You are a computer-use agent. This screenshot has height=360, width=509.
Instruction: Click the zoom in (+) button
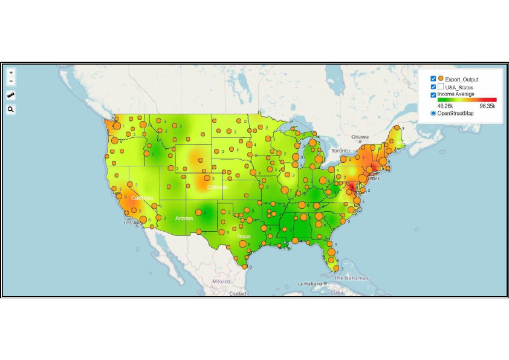[11, 73]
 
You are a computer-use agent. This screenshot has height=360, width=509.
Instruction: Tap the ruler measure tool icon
[11, 95]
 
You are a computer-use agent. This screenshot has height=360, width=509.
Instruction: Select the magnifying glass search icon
[11, 110]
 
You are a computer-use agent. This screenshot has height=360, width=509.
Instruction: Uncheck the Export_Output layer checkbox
[433, 79]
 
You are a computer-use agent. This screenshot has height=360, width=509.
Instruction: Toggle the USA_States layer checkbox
[433, 87]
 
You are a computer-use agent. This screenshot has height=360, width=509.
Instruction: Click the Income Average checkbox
[433, 95]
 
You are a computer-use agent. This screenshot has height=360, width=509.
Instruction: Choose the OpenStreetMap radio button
[433, 113]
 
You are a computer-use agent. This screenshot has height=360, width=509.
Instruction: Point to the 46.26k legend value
[446, 106]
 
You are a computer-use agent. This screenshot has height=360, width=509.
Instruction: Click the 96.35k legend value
[487, 106]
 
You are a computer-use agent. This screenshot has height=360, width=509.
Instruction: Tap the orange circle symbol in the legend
[441, 79]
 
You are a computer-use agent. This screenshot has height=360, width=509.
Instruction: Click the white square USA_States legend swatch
[441, 87]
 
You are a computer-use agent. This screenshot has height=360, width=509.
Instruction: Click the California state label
[142, 198]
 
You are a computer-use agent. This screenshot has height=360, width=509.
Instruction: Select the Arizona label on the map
[184, 218]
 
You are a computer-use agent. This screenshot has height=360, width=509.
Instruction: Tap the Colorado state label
[217, 188]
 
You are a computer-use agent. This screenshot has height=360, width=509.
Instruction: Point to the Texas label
[244, 236]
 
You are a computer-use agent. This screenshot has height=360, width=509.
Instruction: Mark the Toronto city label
[340, 150]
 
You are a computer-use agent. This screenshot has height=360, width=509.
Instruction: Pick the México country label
[221, 281]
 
